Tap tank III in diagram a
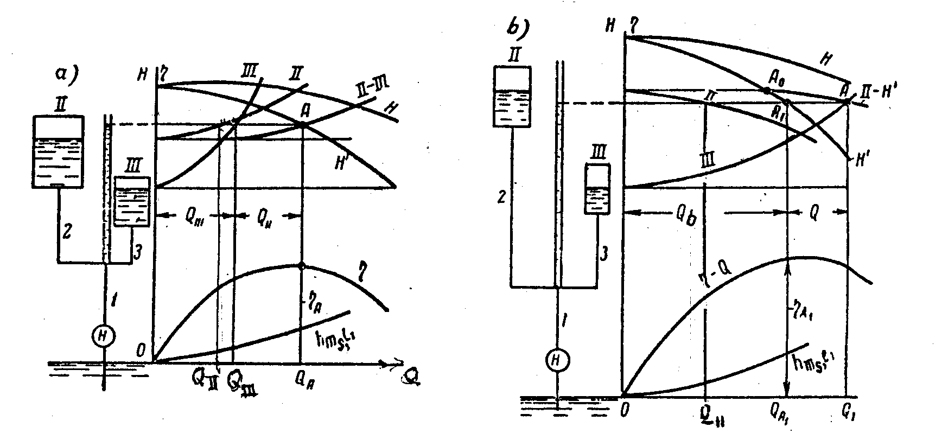coord(132,201)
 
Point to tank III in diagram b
coord(597,189)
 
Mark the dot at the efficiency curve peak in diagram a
coord(302,265)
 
